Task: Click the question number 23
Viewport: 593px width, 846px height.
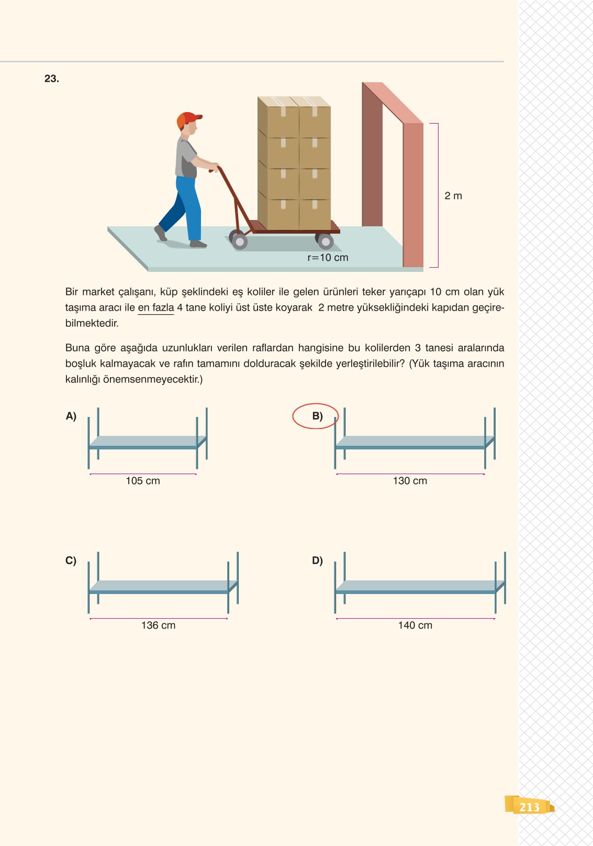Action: [51, 79]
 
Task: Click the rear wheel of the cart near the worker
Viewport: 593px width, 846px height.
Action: [239, 241]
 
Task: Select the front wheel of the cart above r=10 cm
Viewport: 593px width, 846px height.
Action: [325, 241]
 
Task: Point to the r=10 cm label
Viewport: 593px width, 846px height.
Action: [328, 258]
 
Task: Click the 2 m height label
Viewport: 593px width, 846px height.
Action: [453, 196]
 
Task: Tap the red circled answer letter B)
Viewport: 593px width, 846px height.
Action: [317, 416]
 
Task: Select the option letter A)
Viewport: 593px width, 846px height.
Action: [71, 416]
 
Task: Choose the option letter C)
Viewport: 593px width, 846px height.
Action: [71, 561]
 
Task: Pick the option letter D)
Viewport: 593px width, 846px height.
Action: [317, 561]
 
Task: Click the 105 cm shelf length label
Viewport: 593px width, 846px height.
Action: [143, 481]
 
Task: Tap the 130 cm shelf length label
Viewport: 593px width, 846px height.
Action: [410, 481]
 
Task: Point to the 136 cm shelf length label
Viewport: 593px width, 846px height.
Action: [158, 625]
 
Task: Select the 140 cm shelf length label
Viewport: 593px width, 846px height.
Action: [415, 625]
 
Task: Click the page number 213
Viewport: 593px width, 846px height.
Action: [529, 807]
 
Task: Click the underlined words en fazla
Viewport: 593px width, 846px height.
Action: [155, 307]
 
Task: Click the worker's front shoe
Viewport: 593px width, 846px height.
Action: [198, 244]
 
